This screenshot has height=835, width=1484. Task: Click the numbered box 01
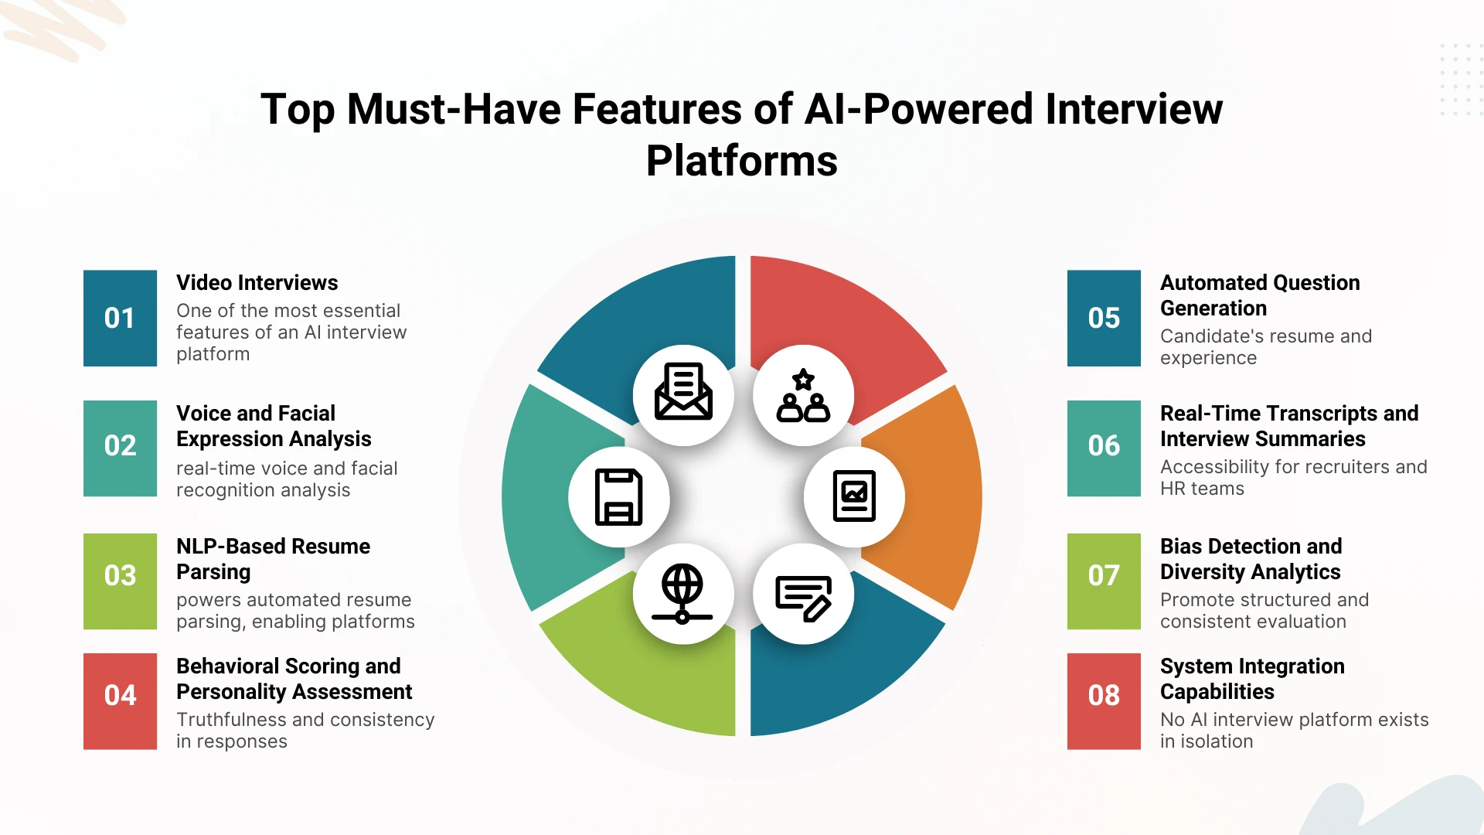(x=120, y=318)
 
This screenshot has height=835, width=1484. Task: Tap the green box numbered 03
(x=120, y=581)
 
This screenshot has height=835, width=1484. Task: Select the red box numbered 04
(x=120, y=701)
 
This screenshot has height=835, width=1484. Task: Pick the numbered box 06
(x=1104, y=448)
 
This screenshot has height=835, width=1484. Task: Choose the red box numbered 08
(x=1104, y=701)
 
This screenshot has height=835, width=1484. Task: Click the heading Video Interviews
(x=257, y=283)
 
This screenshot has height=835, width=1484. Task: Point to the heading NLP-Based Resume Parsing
(x=273, y=559)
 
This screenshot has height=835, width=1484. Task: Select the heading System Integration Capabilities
(x=1252, y=679)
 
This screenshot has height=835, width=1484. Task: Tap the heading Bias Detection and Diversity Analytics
(x=1251, y=559)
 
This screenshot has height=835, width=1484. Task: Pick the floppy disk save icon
(x=618, y=497)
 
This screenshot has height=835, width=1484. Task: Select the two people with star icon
(x=803, y=395)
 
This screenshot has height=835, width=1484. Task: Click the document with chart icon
(x=854, y=496)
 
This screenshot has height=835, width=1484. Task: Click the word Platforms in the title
(x=742, y=161)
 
